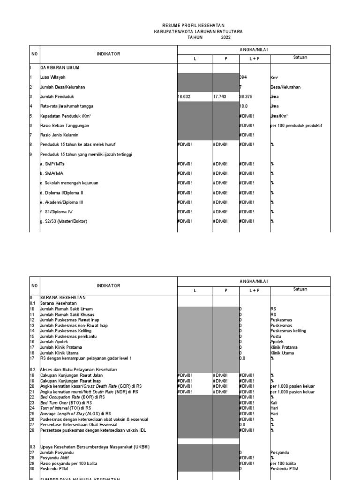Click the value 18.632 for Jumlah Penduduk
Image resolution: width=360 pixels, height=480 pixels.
[185, 96]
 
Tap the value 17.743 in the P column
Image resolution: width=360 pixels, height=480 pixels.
[220, 96]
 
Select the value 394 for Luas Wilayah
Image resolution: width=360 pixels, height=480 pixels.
[243, 77]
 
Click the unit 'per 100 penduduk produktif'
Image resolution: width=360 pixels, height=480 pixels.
[296, 125]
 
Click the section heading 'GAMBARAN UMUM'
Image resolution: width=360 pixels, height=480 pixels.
[60, 67]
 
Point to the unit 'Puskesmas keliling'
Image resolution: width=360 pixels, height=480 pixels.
[288, 331]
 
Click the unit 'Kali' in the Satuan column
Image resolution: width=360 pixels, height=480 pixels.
[274, 402]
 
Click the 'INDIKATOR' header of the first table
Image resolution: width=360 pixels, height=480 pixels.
[108, 54]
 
